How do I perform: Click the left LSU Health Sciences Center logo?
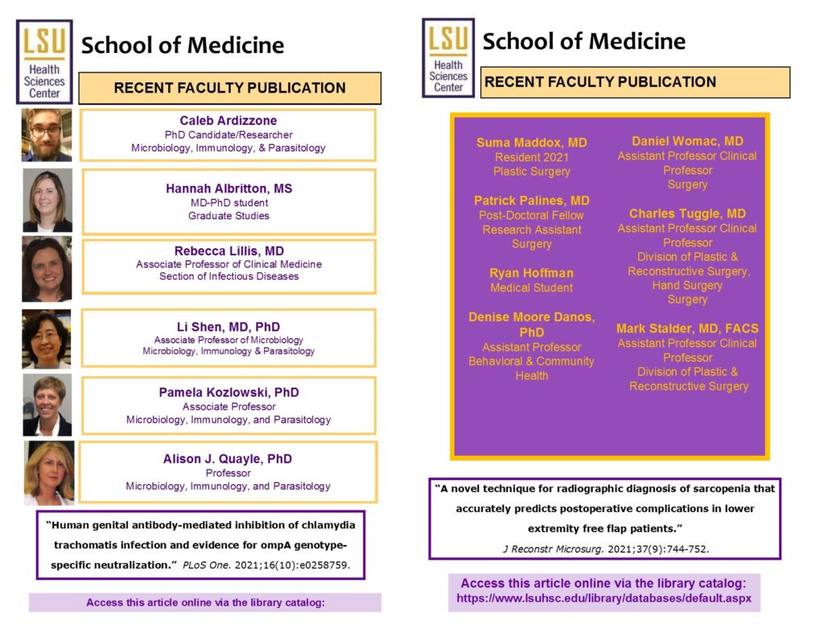click(x=45, y=62)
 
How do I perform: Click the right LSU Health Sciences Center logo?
click(x=448, y=58)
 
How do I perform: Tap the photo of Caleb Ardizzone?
click(x=47, y=134)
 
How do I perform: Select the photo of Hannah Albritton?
click(x=47, y=201)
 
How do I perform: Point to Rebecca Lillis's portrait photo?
click(x=47, y=268)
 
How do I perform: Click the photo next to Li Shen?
click(x=47, y=338)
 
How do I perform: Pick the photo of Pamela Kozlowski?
click(x=47, y=404)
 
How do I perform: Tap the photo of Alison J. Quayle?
click(x=49, y=473)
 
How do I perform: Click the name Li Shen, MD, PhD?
click(x=229, y=327)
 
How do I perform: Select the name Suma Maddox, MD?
click(x=532, y=143)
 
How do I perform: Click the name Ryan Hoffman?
click(x=532, y=273)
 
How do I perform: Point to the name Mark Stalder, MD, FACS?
click(x=687, y=329)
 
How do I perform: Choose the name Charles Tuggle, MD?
click(x=687, y=213)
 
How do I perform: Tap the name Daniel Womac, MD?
click(x=687, y=141)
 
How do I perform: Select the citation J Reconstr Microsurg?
click(x=604, y=548)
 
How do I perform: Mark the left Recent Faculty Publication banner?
click(x=229, y=88)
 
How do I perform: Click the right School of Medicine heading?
click(x=584, y=41)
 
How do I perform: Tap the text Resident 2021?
click(x=532, y=157)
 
